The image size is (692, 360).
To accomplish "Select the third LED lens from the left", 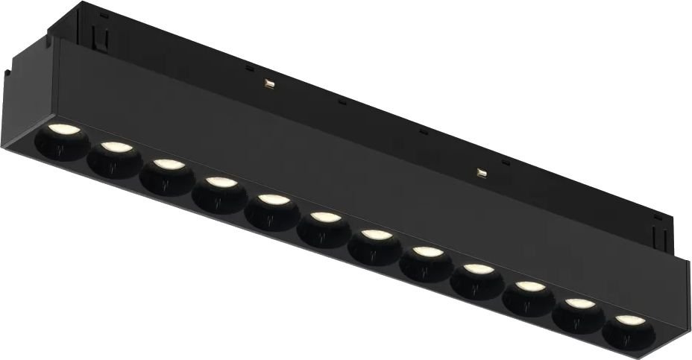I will (167, 165).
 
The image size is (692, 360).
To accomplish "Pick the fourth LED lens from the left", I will (218, 182).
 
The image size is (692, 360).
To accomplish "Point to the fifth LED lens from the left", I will (271, 200).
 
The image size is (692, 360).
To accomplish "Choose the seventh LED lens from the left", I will (376, 236).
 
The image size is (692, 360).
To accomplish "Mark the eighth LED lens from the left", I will (426, 253).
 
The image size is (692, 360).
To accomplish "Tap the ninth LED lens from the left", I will (478, 269).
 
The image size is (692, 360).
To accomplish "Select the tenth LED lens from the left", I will (529, 286).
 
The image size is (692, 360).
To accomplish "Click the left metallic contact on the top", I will (266, 83).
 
